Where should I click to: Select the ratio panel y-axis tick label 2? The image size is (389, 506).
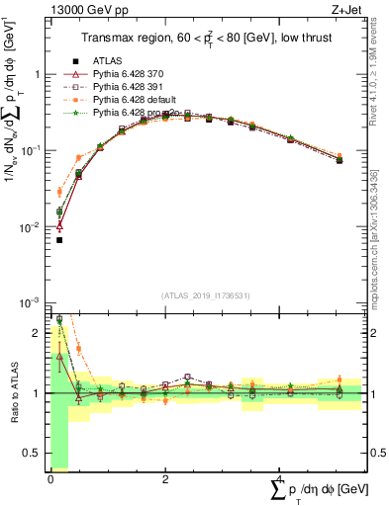coord(37,333)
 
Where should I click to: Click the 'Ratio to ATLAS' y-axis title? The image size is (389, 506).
coord(12,393)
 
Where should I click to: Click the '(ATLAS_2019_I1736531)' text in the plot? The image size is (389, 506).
coord(206,295)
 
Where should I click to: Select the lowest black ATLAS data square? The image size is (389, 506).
coord(59,240)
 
